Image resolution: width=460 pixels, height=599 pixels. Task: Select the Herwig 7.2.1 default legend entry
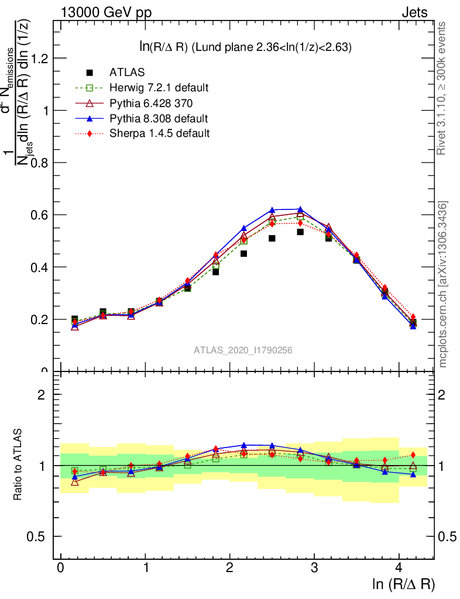coord(159,88)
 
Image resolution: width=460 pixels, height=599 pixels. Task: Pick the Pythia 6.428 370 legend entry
coord(150,103)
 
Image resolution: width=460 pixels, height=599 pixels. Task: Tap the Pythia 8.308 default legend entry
coord(159,118)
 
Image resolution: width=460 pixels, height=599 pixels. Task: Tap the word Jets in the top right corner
coord(414,12)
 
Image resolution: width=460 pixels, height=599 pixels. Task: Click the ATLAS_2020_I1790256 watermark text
coord(243,350)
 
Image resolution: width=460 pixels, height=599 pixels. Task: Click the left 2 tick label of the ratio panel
coord(42,394)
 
